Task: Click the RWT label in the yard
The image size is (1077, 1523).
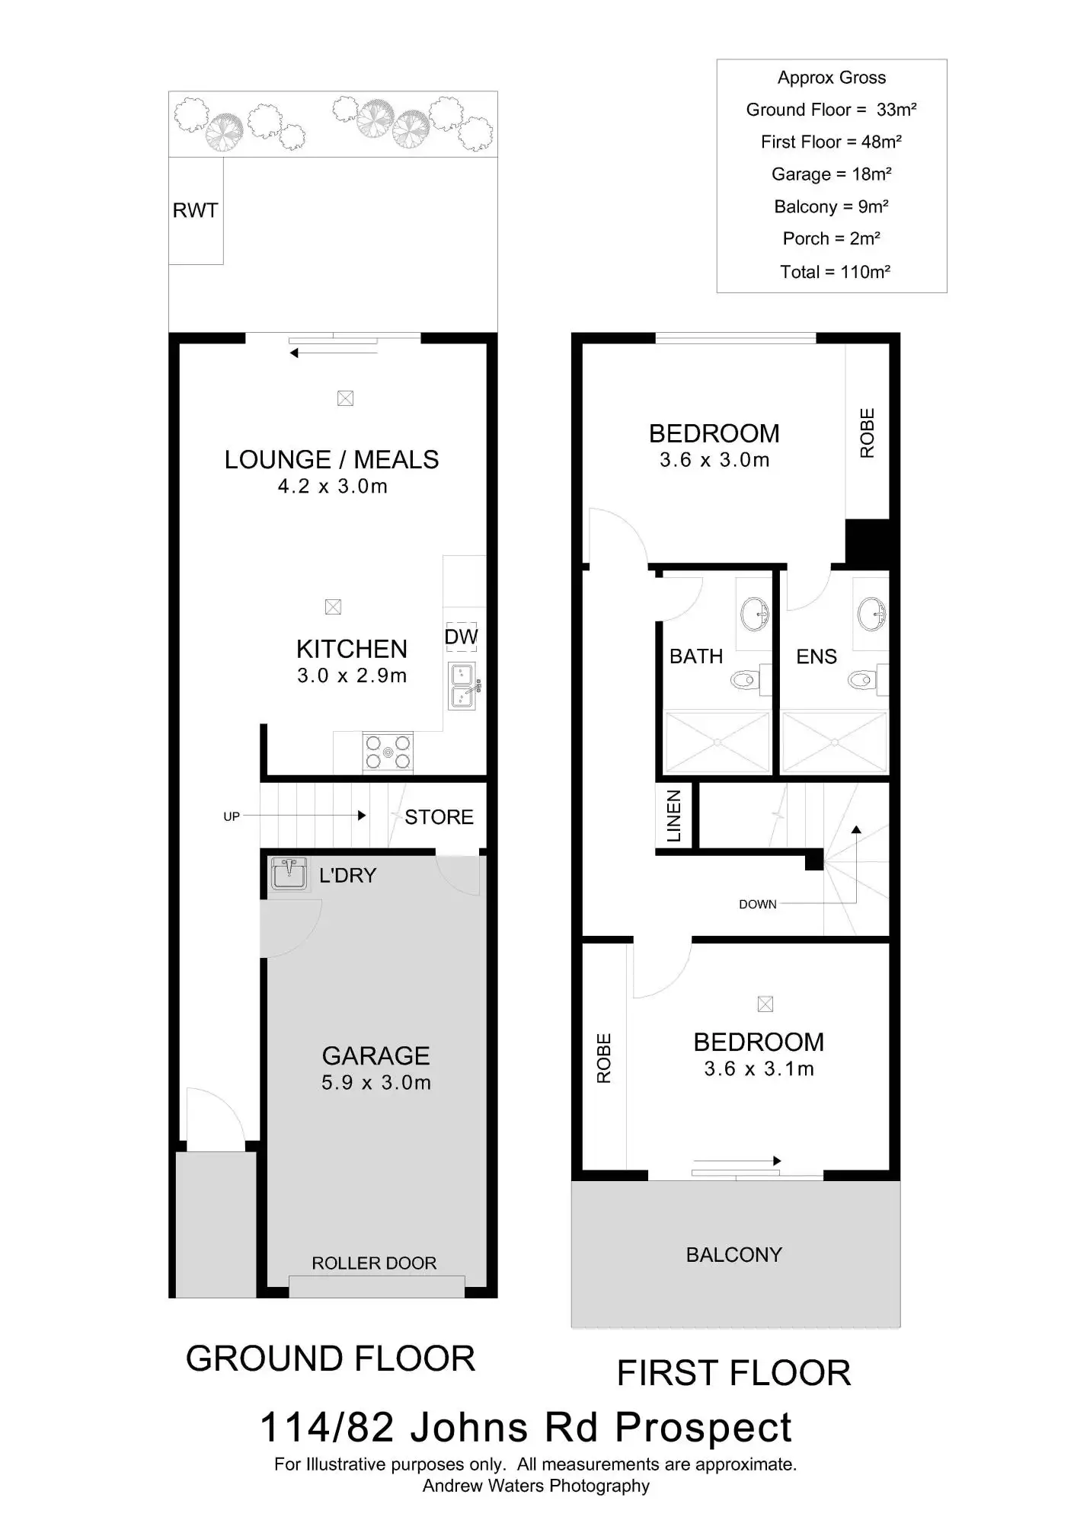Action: point(195,211)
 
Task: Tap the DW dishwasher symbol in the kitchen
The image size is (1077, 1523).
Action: point(461,637)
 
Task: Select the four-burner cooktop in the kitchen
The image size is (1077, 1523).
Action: point(388,752)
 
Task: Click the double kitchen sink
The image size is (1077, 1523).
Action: point(462,686)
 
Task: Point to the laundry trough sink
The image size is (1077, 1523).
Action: point(289,873)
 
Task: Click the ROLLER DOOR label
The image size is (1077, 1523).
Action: point(374,1263)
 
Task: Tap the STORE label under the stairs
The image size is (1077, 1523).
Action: point(439,817)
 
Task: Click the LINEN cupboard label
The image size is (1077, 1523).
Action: point(674,816)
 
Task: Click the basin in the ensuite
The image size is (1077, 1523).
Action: point(871,614)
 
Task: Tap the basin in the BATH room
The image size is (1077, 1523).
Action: point(755,614)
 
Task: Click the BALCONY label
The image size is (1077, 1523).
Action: point(733,1255)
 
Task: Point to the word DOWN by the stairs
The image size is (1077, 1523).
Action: point(757,905)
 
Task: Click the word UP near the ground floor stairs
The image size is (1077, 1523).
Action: point(232,816)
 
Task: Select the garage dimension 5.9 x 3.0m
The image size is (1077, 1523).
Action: point(376,1083)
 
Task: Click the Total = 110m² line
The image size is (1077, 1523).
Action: point(835,272)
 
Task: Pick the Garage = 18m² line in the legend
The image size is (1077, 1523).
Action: point(831,174)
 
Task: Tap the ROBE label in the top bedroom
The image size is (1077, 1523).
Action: point(867,433)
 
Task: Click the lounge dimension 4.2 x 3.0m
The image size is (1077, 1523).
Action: point(332,487)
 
